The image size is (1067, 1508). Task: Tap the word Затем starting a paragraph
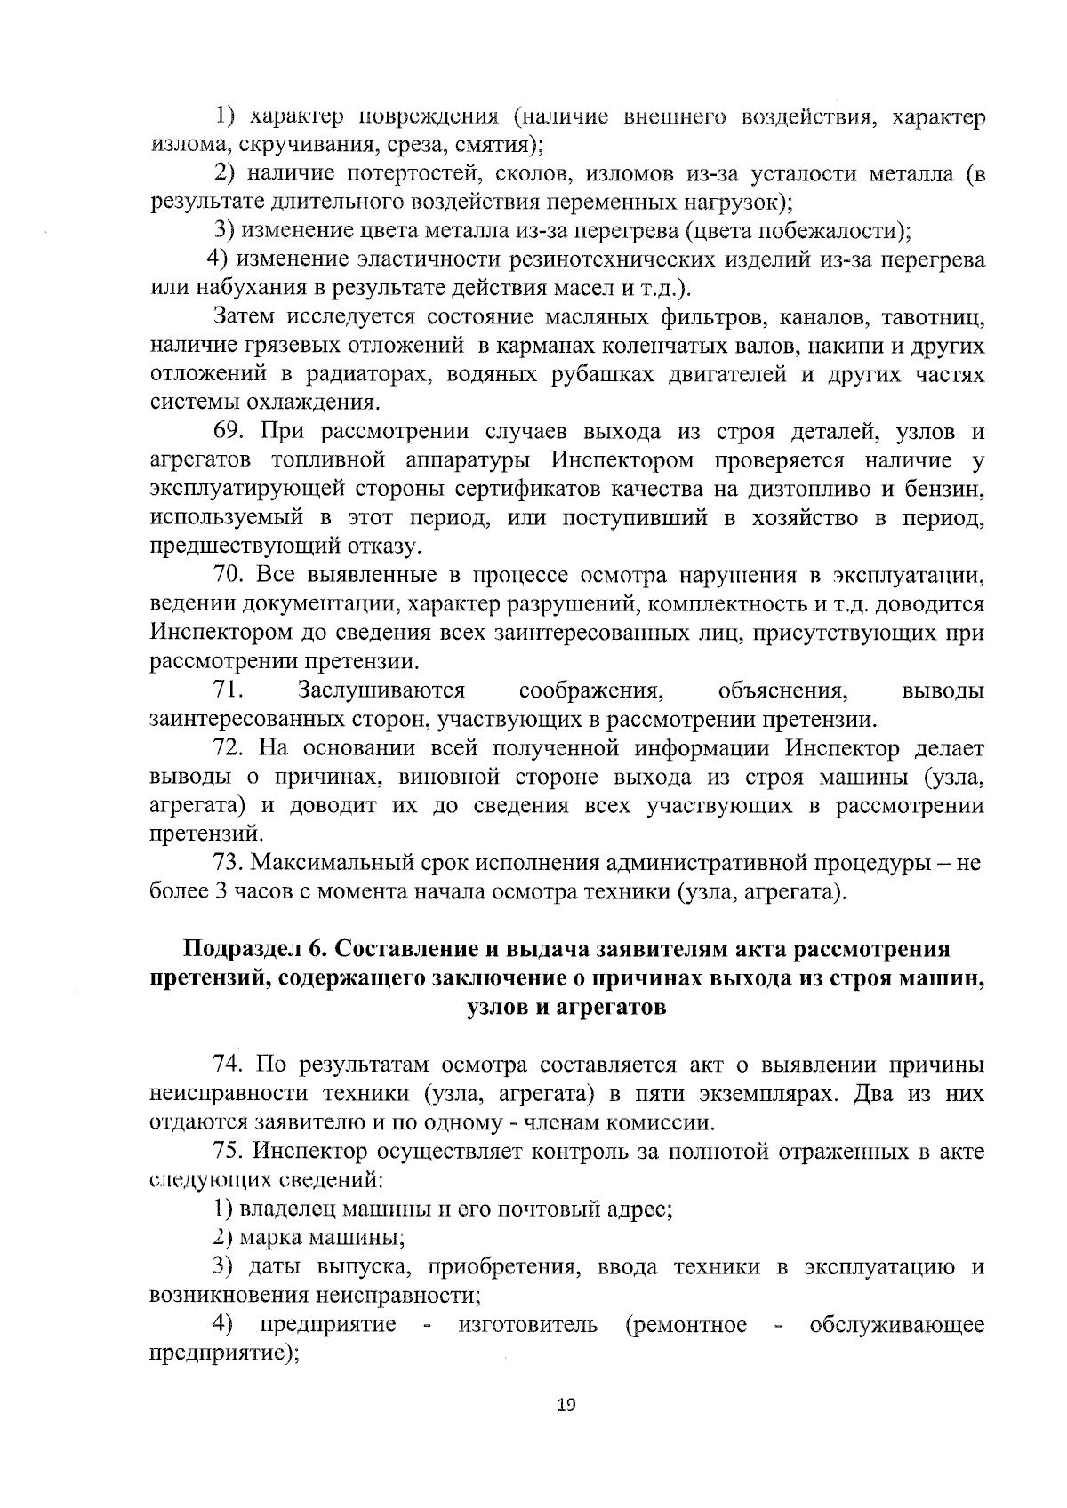coord(244,316)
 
